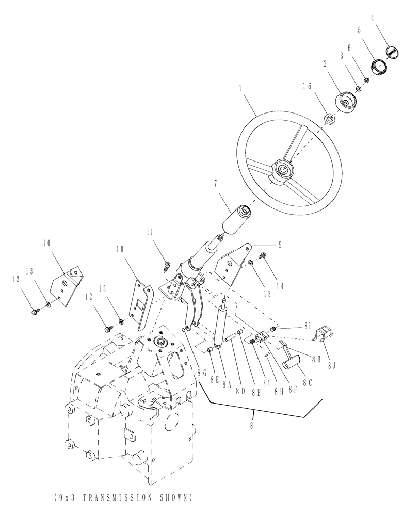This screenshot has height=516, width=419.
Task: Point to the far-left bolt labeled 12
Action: [x=35, y=311]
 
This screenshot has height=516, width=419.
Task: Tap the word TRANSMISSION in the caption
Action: [x=112, y=497]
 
